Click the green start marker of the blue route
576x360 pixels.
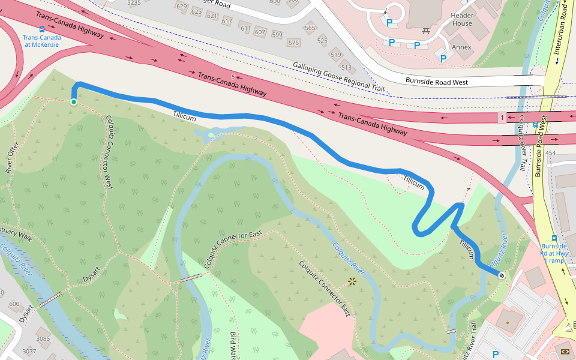[x=74, y=102]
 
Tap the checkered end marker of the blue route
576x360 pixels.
[x=501, y=274]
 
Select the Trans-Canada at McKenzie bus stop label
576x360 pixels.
[x=41, y=41]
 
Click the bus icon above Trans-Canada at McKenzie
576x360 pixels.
[x=41, y=29]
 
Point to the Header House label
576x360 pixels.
[x=461, y=19]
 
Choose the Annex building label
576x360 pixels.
[x=461, y=47]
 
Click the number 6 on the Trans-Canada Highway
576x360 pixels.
[x=232, y=77]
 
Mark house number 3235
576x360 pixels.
[x=134, y=3]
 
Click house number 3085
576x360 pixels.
[x=43, y=339]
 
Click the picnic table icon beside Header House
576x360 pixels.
[x=427, y=29]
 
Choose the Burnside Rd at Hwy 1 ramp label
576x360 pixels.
[x=553, y=253]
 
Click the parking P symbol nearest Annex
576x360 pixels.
[x=444, y=58]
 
